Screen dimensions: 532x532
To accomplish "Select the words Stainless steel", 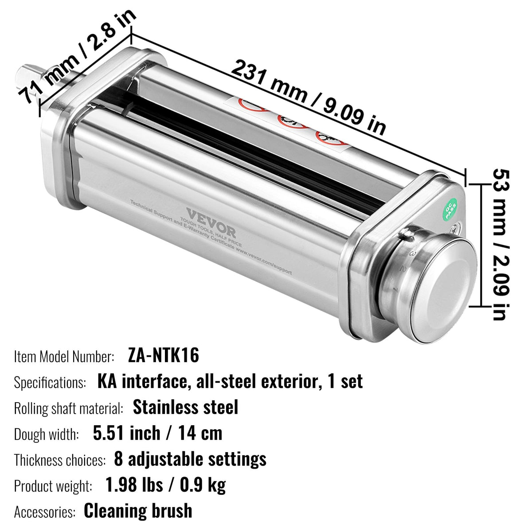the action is click(185, 407).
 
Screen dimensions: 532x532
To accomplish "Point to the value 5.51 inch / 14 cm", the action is click(157, 433).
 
